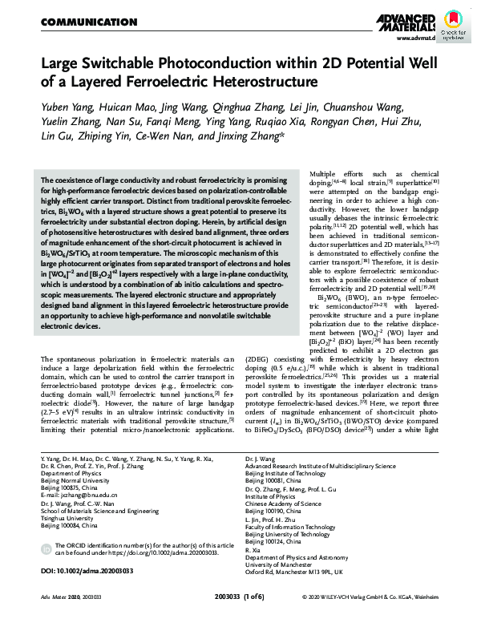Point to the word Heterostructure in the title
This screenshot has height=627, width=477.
coord(257,81)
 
